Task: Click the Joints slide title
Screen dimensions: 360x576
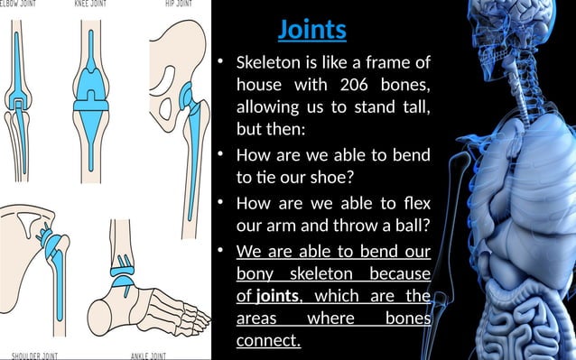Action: pos(311,29)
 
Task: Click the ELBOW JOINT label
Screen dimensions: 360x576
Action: pos(20,4)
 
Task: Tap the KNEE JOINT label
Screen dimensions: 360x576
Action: pos(94,4)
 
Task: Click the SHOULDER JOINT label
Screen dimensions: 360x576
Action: pos(31,355)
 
